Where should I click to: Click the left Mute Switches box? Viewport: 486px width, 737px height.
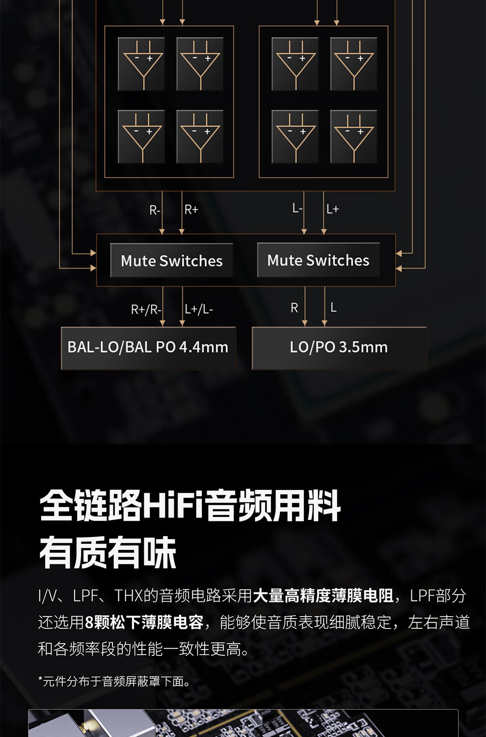171,260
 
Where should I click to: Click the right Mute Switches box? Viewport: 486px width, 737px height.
318,260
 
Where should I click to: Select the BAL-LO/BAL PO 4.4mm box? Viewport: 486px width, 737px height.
148,347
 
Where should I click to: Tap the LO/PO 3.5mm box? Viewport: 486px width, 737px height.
339,347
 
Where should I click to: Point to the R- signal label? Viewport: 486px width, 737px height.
155,210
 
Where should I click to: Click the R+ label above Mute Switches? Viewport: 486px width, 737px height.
191,210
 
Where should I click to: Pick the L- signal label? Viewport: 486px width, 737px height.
297,208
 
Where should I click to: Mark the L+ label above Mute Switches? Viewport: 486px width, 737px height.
333,209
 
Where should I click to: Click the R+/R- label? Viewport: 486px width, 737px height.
146,310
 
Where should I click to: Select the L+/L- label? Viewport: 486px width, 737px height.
199,309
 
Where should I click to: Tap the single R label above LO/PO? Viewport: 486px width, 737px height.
294,308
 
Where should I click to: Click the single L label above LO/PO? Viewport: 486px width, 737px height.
333,308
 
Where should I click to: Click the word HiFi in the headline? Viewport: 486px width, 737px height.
173,506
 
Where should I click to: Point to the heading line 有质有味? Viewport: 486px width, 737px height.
108,553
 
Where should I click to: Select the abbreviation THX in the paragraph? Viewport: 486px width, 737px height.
128,596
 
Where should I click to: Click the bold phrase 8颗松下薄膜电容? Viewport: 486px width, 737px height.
144,623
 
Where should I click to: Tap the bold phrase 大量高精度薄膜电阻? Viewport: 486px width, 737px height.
323,596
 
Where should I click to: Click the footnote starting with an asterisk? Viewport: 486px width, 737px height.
114,681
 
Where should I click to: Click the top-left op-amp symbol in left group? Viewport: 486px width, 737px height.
141,64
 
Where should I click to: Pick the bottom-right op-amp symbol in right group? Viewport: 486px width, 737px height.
353,137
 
